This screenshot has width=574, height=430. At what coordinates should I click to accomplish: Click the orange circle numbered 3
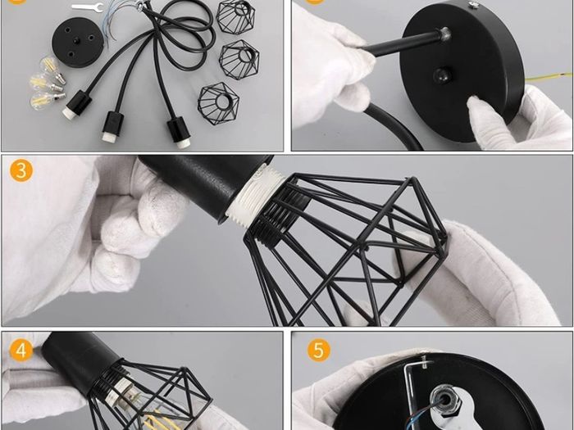[x=21, y=170]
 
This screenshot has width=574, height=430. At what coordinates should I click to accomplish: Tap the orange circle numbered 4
[x=20, y=350]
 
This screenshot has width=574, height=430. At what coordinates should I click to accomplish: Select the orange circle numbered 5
[x=318, y=350]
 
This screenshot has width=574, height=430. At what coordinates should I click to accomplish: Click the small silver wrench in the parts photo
[x=88, y=7]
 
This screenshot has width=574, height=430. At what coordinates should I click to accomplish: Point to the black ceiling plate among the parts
[x=77, y=43]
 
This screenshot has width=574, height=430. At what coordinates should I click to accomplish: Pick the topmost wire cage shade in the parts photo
[x=235, y=17]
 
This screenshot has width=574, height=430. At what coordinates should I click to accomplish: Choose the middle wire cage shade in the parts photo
[x=239, y=59]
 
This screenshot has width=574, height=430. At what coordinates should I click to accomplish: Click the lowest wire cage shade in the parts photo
[x=218, y=103]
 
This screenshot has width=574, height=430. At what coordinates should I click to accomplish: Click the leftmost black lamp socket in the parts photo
[x=76, y=105]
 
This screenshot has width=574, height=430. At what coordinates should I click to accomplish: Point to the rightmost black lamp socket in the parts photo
[x=179, y=133]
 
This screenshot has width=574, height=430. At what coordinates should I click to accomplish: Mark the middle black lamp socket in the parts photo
[x=113, y=127]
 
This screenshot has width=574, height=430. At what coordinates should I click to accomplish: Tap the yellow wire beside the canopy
[x=549, y=77]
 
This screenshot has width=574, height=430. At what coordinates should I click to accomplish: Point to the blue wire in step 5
[x=420, y=413]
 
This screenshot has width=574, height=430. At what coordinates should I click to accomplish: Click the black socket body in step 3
[x=205, y=184]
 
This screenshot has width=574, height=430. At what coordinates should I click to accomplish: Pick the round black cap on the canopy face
[x=442, y=75]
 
